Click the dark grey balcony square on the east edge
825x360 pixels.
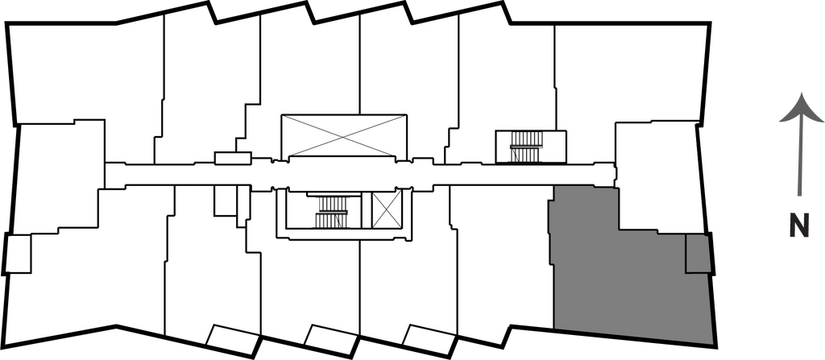pyautogui.click(x=698, y=254)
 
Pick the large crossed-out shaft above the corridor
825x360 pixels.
pyautogui.click(x=342, y=135)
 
